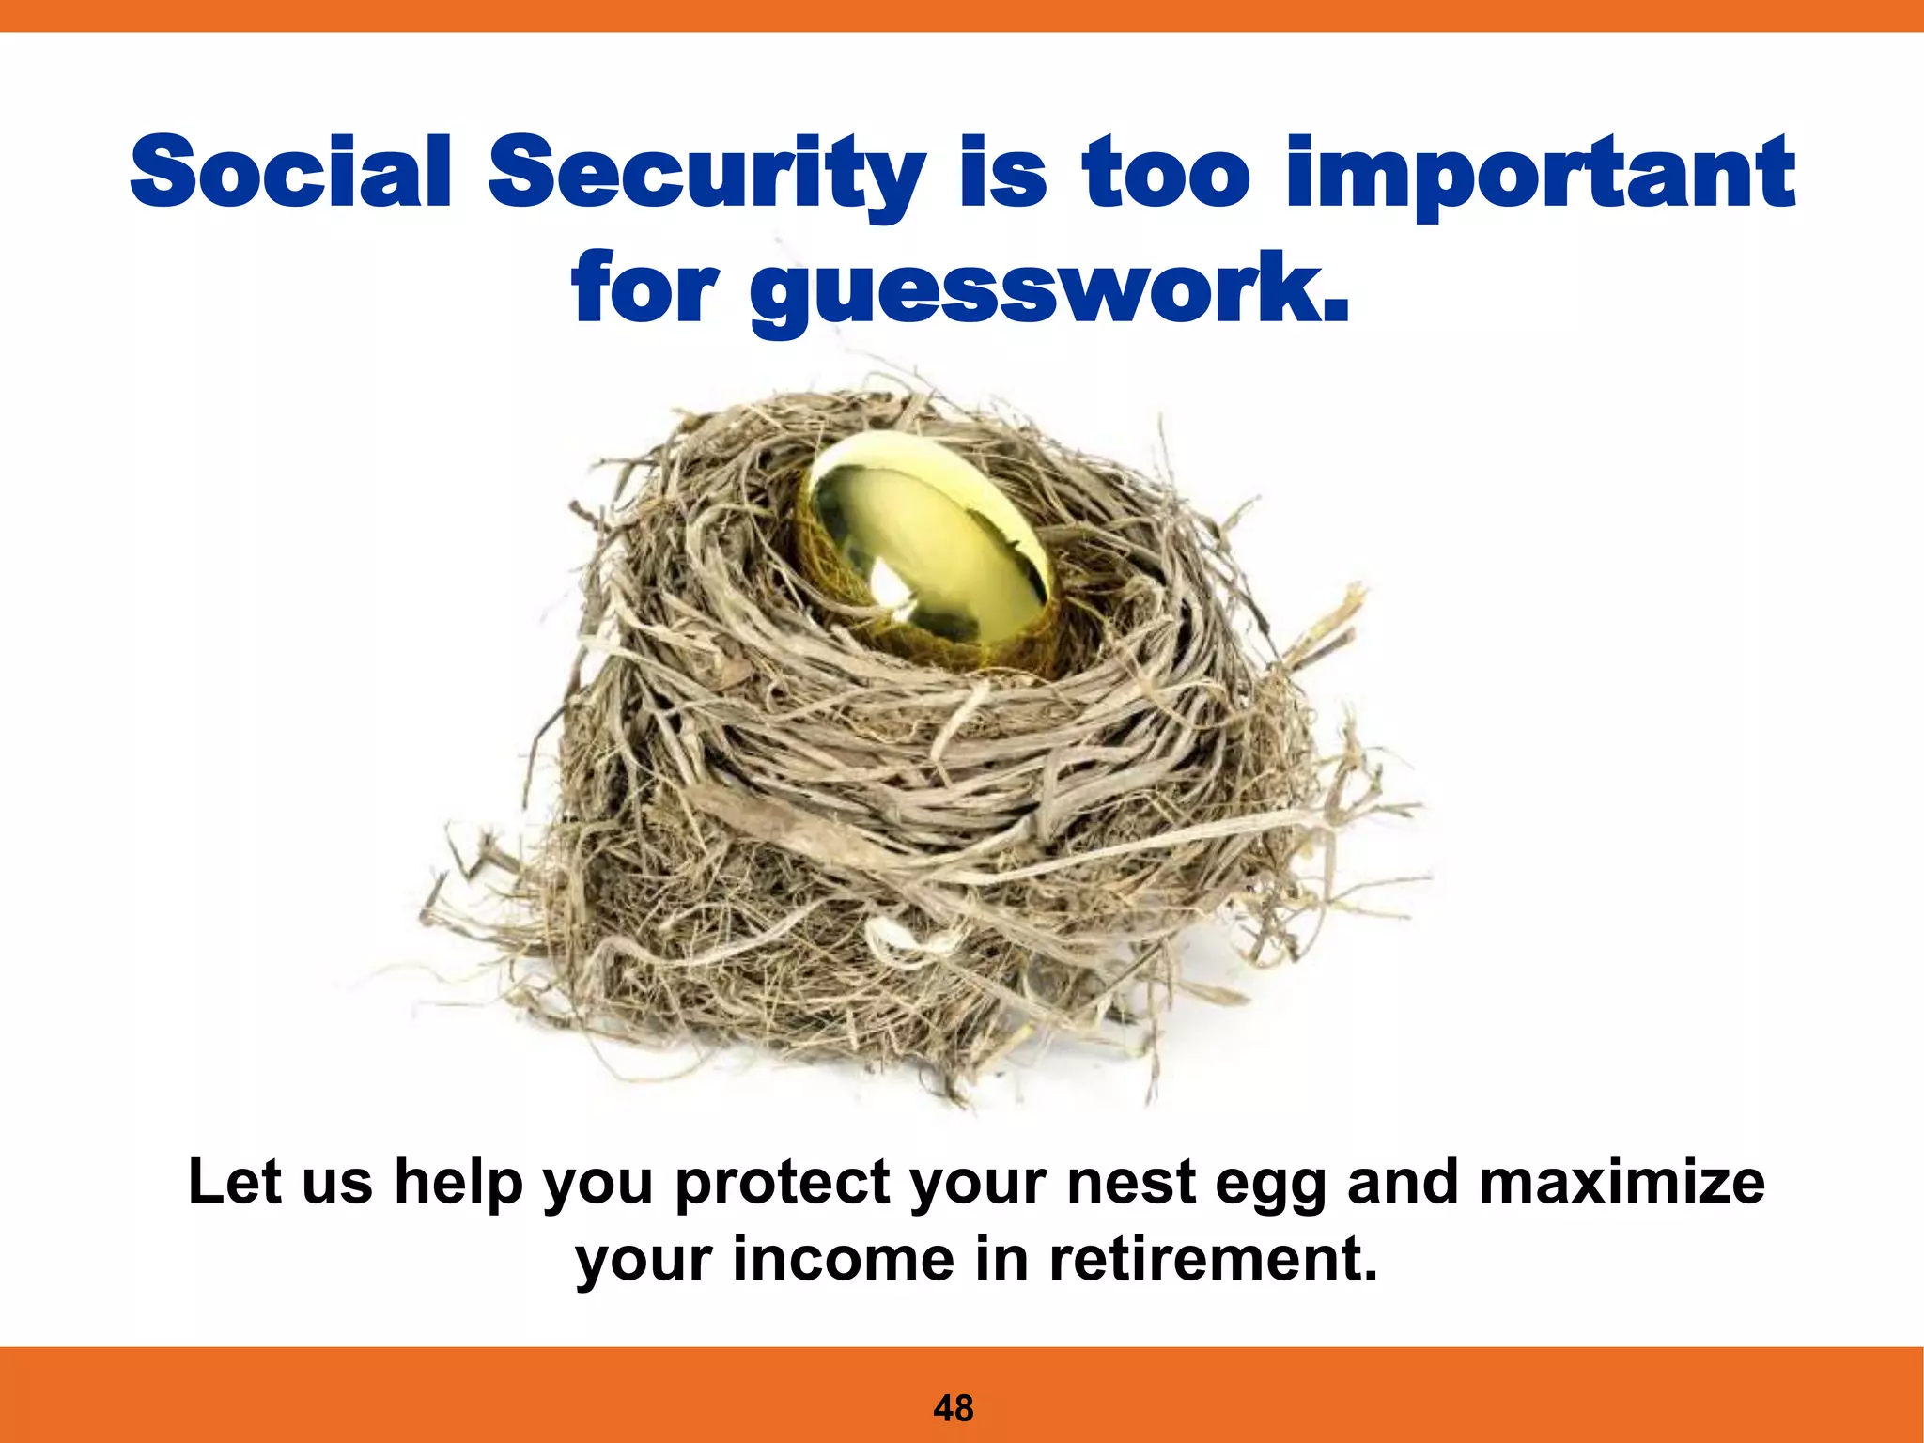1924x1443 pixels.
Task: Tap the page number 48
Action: [x=954, y=1408]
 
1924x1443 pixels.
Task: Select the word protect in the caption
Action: [x=783, y=1184]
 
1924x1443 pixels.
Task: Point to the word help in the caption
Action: [x=458, y=1184]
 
